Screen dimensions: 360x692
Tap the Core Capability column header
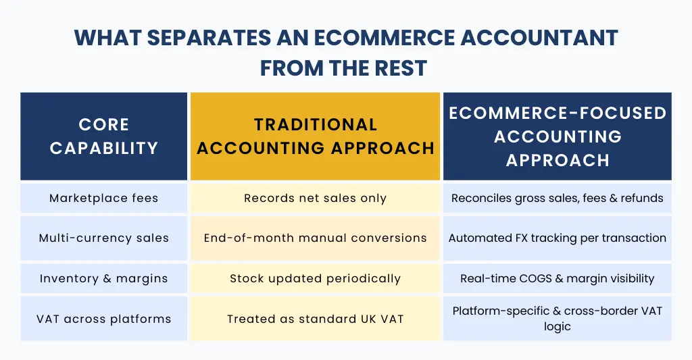(104, 136)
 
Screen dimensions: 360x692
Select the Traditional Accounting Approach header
(315, 136)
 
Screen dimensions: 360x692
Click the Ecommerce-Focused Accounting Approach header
(558, 136)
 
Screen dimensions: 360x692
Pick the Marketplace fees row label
(104, 199)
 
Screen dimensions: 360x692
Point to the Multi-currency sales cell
(104, 238)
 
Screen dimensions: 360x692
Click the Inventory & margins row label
(104, 278)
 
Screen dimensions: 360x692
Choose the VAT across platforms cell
(104, 318)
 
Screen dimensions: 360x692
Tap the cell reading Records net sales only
(315, 199)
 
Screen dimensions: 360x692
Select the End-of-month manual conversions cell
(315, 238)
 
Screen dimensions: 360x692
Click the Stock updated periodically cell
(315, 278)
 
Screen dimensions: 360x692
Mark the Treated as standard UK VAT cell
(315, 318)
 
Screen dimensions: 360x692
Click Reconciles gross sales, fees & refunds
(558, 199)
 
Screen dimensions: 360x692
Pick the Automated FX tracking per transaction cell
(558, 238)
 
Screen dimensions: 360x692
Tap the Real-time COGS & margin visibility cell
(558, 278)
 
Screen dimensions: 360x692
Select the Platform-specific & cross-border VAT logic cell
(558, 318)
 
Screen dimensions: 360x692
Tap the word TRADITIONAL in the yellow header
(315, 124)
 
